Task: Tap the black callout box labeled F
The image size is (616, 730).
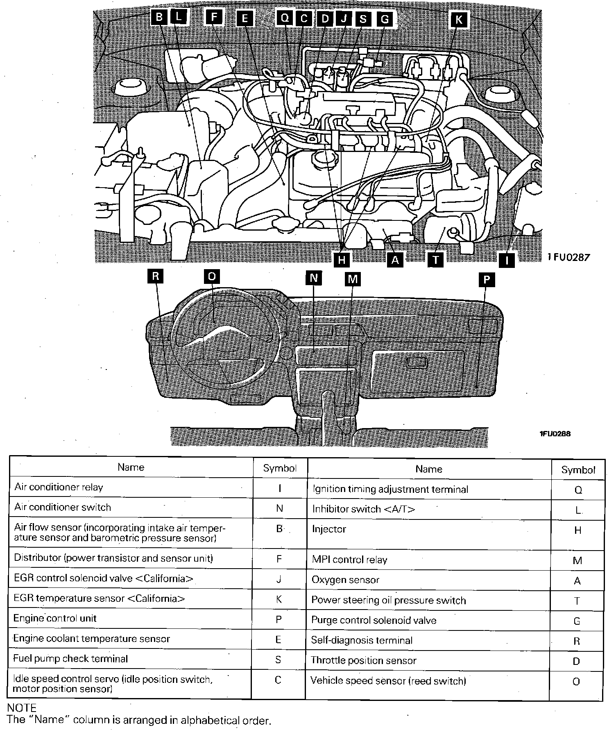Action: click(214, 18)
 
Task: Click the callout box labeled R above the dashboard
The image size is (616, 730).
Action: click(155, 276)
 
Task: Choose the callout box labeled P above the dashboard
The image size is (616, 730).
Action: click(486, 279)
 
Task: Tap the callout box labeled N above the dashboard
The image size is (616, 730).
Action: click(314, 279)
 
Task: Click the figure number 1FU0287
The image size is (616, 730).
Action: click(569, 257)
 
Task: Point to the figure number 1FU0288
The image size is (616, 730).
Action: click(555, 434)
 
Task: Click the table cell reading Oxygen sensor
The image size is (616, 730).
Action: click(345, 580)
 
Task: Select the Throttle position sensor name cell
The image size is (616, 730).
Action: click(363, 660)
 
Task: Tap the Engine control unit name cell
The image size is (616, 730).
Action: click(55, 618)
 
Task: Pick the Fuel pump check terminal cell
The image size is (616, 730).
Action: click(70, 659)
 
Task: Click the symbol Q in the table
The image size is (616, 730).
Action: click(578, 490)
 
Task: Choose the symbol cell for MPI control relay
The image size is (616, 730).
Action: click(577, 561)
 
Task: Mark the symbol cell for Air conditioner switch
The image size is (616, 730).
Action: click(279, 508)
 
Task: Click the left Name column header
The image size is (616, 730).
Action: click(131, 467)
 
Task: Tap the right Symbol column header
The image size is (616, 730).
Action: click(578, 470)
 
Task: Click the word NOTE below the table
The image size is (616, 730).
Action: click(22, 708)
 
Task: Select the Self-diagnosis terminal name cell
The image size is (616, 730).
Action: click(362, 640)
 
